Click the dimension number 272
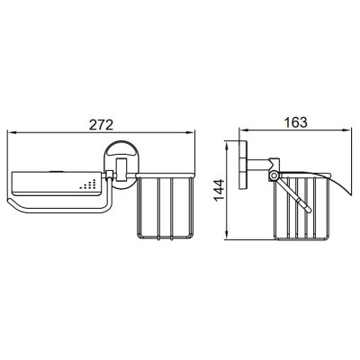tap(101, 124)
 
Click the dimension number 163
tap(295, 122)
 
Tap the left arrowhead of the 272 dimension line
tap(11, 131)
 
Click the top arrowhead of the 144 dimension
tap(227, 145)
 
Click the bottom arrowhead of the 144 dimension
tap(227, 236)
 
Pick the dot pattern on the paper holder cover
tap(88, 184)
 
